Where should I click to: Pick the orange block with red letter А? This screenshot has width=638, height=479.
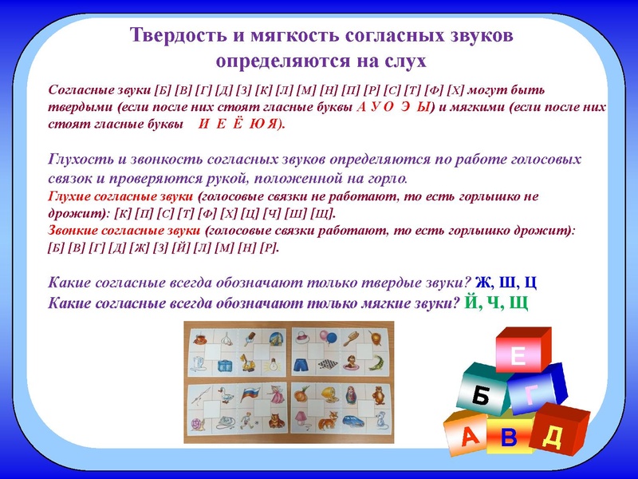tap(470, 435)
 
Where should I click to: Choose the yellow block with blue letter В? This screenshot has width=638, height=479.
tap(510, 438)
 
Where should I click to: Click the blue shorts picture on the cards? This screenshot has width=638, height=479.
tap(302, 363)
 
